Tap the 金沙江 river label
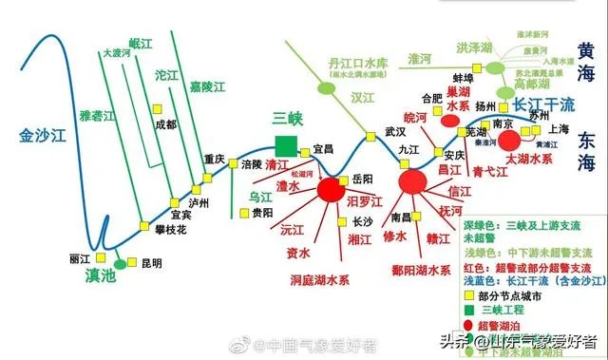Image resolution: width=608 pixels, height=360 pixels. [44, 136]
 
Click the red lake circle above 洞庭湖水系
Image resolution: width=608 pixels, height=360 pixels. [330, 189]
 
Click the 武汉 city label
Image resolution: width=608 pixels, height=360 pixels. [395, 132]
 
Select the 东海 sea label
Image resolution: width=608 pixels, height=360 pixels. [585, 151]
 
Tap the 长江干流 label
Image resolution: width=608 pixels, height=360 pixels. [544, 104]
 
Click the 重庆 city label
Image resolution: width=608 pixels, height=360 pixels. [215, 160]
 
